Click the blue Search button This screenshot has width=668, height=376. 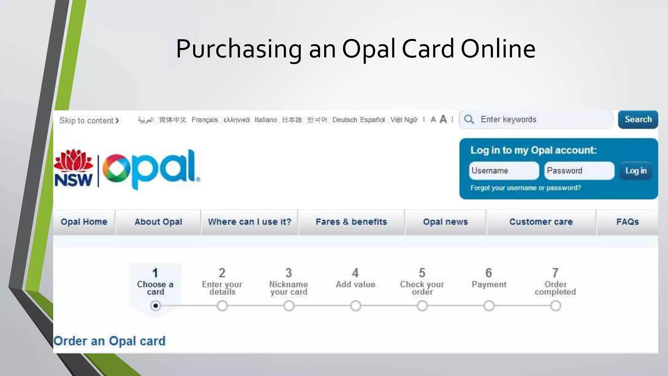click(x=638, y=119)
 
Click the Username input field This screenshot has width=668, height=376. click(x=504, y=171)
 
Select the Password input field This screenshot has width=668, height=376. click(x=579, y=171)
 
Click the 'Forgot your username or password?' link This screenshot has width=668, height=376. click(x=525, y=188)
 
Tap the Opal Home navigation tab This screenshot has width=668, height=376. click(x=84, y=222)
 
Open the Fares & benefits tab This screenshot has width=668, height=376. click(x=351, y=222)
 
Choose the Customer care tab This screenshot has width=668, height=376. click(x=541, y=222)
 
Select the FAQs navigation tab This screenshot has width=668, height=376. click(x=627, y=222)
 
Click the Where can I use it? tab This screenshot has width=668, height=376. click(x=250, y=222)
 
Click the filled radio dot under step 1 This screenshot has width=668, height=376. click(x=156, y=306)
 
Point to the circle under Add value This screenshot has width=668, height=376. click(x=356, y=306)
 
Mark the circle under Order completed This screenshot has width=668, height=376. click(x=555, y=306)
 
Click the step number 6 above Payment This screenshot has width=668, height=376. click(x=489, y=273)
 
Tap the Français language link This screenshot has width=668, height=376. click(x=205, y=120)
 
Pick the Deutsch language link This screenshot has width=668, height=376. click(x=344, y=120)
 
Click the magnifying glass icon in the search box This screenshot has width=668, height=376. click(x=469, y=119)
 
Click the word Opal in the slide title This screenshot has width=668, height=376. click(x=369, y=49)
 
